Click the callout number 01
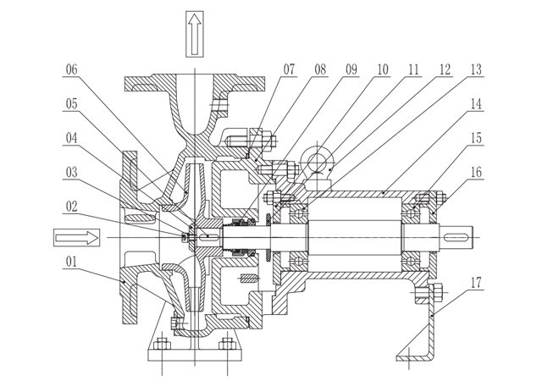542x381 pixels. point(71,262)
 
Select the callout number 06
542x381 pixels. point(71,69)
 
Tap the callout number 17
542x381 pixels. point(476,283)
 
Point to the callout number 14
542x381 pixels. point(476,104)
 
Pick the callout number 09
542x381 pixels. point(351,69)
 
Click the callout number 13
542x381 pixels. point(476,69)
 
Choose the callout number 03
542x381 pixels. point(71,172)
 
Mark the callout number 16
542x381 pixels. point(476,172)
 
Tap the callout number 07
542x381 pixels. point(290,69)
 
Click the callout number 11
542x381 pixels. point(414,69)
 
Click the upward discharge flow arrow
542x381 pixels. point(195,34)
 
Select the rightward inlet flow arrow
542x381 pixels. point(77,238)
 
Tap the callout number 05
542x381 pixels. point(71,104)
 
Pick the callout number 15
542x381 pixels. point(476,138)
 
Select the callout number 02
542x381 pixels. point(71,207)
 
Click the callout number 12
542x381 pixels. point(445,69)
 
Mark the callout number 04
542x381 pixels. point(71,138)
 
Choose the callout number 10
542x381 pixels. point(383,69)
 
